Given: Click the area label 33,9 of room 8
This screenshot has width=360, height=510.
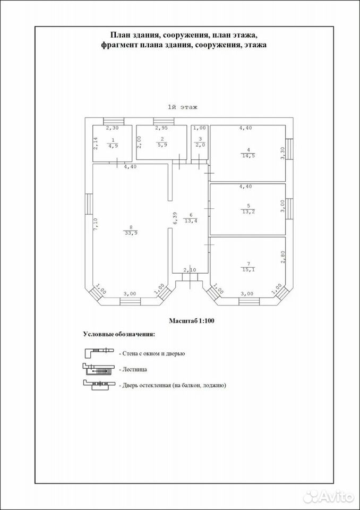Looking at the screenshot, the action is pos(130,233).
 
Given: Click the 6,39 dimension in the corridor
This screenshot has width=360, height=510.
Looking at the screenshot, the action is pos(175,218).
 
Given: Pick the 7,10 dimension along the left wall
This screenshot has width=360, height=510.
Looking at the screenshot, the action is pos(96,225).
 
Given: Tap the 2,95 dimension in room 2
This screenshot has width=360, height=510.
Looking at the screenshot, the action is pos(161,128).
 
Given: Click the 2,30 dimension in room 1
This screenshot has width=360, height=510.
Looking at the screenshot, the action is pos(113,128).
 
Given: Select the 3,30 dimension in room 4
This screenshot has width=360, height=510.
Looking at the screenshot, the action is pos(282,153).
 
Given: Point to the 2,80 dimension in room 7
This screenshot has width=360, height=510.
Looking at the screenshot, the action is pos(282,256).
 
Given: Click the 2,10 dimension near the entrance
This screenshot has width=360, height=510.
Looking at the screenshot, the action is pos(190,270).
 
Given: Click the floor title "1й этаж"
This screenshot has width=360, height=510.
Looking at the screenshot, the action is pos(183,107).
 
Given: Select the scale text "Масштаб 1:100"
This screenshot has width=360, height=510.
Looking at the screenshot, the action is pos(191,321).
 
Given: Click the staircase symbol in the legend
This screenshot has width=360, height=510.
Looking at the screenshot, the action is pos(99,369).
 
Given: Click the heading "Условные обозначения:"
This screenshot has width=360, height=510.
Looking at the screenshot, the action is pos(119,334).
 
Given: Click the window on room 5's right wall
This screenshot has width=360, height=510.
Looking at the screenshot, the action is pos(289,209).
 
